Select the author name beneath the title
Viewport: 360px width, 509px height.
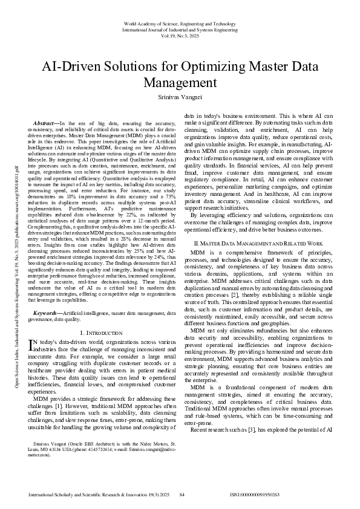click(x=180, y=97)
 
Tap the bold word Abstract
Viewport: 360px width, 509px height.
click(x=45, y=123)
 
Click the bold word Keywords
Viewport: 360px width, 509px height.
click(x=47, y=313)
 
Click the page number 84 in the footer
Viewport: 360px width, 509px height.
click(x=182, y=494)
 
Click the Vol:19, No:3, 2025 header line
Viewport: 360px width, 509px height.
click(x=180, y=35)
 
